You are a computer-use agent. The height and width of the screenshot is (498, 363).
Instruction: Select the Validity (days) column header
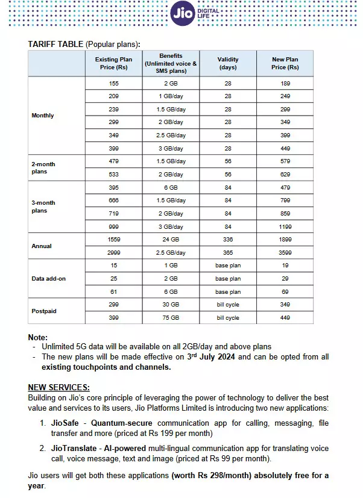coord(227,63)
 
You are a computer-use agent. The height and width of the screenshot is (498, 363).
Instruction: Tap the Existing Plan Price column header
coord(113,63)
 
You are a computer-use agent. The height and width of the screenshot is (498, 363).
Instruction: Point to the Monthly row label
coord(42,116)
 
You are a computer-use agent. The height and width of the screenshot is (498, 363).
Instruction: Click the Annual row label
coord(42,246)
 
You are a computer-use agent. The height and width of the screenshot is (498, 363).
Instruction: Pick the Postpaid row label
coord(44,311)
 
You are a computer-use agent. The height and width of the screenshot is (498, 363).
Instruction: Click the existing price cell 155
coord(113,83)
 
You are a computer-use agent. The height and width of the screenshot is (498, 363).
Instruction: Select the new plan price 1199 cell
coord(285,227)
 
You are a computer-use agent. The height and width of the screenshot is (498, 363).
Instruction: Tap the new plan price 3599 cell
coord(285,253)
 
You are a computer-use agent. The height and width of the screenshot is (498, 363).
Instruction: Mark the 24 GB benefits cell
coord(171,240)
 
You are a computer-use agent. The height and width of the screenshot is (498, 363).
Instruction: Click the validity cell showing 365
coord(227,253)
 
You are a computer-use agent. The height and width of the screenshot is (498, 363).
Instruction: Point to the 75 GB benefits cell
coord(171,318)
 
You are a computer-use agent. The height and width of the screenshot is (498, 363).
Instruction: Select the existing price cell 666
coord(113,201)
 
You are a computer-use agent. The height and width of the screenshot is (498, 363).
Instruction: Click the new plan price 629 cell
coord(285,175)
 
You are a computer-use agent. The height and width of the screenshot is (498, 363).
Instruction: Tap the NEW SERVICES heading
coord(59,387)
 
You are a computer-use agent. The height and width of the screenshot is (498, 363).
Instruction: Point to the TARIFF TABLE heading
coord(56,44)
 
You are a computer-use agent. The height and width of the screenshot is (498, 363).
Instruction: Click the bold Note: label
coord(38,338)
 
